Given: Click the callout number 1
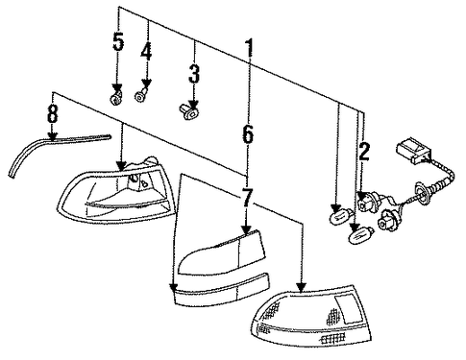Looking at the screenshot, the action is point(250,48).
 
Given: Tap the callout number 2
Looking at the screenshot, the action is point(364,152).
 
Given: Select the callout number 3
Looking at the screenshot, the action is point(194,73).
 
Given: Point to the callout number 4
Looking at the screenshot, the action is point(146,51).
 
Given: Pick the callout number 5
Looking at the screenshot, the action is point(118,41).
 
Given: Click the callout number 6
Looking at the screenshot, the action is point(248,134).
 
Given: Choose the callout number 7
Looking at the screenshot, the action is point(247,197).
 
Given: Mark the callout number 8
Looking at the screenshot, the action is point(53,113).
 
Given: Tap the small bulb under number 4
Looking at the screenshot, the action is point(141,95).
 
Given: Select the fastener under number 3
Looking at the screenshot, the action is point(188,111).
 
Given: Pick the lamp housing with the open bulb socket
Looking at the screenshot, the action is point(117,190).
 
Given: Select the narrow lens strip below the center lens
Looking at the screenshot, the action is point(221,289).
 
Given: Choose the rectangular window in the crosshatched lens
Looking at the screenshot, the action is point(348,309).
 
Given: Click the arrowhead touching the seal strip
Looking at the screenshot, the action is point(51,136).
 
